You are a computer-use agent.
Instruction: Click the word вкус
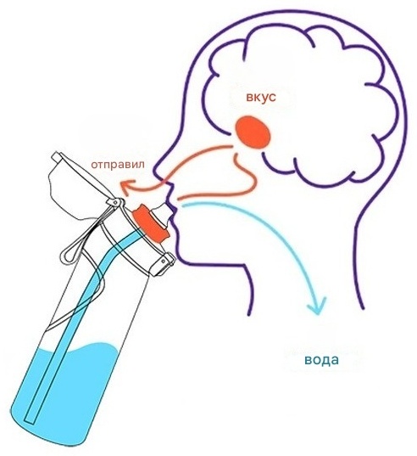[261, 97]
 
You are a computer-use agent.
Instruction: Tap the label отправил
[118, 165]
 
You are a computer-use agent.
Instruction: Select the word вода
[321, 360]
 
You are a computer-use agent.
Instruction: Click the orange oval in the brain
[253, 132]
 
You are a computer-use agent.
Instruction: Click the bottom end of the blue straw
[30, 418]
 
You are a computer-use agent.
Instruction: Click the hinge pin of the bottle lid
[115, 202]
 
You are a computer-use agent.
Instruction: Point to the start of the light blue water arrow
[183, 205]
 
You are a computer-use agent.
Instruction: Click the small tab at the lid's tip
[56, 156]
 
